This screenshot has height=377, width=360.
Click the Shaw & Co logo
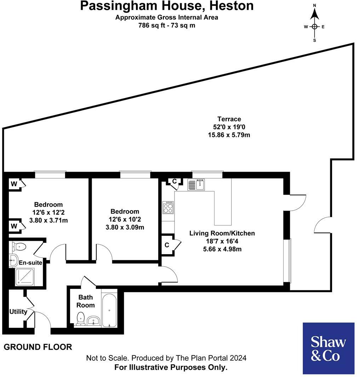tap(328, 348)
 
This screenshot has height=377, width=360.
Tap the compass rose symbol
tap(314, 27)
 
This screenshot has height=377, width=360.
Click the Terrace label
tap(229, 119)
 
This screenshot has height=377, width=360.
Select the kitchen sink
tap(196, 184)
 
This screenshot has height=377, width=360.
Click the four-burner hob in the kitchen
tap(168, 207)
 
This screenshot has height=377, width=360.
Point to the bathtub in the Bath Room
tap(109, 309)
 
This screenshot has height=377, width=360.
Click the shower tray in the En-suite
tap(25, 277)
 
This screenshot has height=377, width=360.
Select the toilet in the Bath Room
tap(81, 318)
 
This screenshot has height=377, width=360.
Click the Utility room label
tap(18, 312)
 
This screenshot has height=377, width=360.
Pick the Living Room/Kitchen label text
tap(222, 233)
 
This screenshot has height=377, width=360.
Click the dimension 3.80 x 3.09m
tap(125, 227)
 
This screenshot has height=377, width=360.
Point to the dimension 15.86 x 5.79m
tap(229, 135)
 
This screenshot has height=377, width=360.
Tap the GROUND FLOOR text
tap(38, 347)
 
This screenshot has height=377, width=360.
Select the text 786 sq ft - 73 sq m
tap(166, 25)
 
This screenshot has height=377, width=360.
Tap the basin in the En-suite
tap(13, 260)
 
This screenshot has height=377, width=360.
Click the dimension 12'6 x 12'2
tap(48, 212)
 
